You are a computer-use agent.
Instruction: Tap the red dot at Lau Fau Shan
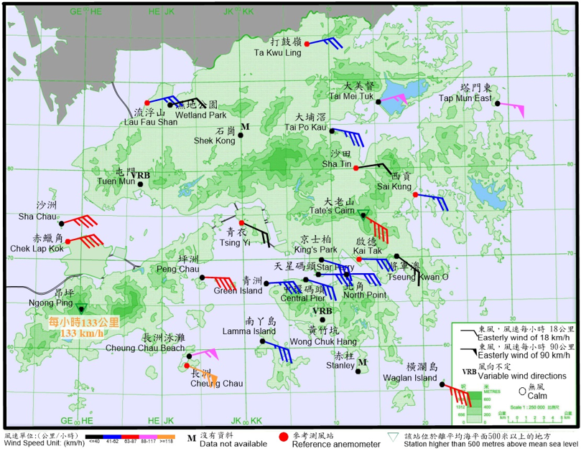(147, 103)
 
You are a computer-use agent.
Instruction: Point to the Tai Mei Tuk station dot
(378, 102)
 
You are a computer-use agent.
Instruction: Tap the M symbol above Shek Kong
(245, 127)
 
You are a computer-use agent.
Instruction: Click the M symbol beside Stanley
(363, 363)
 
